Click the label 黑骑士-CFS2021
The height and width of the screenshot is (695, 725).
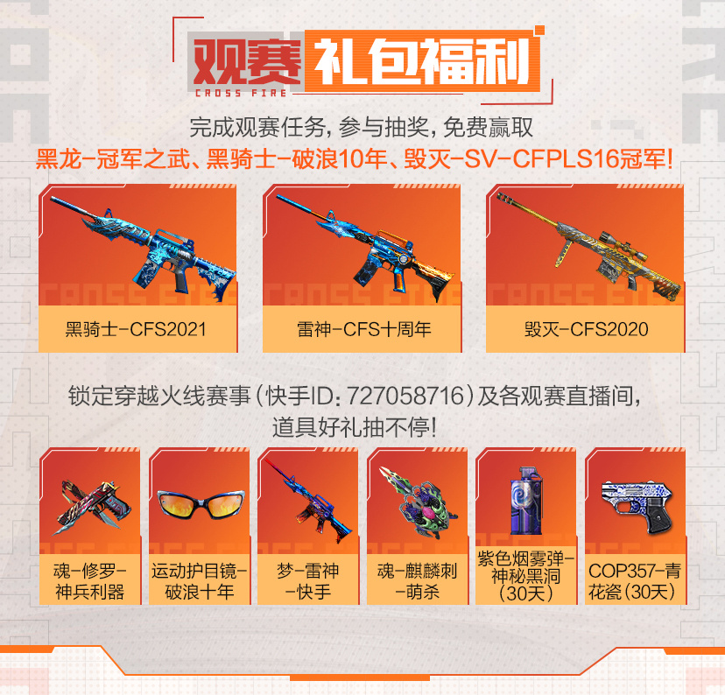coord(136,329)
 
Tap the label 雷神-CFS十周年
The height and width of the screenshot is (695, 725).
coord(364,329)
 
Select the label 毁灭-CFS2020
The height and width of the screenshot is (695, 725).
coord(586,329)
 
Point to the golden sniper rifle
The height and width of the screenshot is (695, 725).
coord(589,245)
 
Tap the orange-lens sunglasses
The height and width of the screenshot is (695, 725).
coord(201,503)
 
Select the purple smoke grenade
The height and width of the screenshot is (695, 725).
coord(524,501)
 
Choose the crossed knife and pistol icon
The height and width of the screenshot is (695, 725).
coord(93,507)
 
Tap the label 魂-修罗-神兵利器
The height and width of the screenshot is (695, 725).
coord(89,581)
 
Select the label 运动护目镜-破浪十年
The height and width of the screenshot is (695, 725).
coord(200,581)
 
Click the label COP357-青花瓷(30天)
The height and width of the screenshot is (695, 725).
coord(635,581)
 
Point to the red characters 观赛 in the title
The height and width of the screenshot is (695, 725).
coord(246,60)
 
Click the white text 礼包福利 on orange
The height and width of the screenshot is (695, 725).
coord(422,60)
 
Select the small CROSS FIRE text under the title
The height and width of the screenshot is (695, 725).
coord(241,94)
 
